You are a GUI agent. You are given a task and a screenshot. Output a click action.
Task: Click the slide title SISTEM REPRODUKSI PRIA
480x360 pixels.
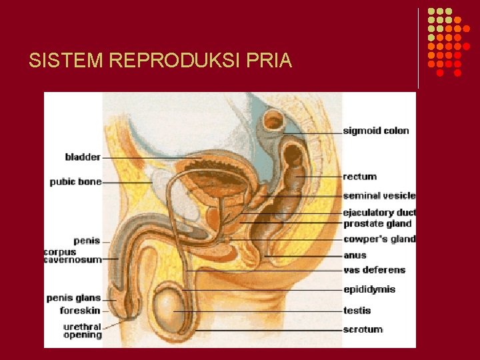coord(160,61)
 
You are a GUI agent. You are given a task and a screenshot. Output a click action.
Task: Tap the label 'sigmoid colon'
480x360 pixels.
coord(376,131)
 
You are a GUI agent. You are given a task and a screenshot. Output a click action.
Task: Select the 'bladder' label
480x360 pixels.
coord(83,157)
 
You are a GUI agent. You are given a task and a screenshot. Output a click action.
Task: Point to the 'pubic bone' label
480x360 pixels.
coord(75,181)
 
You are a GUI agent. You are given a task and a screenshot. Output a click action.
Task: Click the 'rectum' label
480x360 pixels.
coord(360,177)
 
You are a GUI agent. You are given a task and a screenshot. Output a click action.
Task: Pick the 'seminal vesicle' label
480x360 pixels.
coord(379,196)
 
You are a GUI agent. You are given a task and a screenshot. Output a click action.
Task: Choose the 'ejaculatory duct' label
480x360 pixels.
coord(379,213)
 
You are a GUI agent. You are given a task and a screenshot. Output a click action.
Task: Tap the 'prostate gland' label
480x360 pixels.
coord(377,223)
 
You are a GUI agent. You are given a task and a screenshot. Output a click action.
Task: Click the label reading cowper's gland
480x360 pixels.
coord(379,239)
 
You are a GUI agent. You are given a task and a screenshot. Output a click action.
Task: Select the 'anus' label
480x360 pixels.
coord(355,255)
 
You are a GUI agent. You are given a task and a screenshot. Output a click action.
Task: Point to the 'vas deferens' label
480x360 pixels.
coord(374,270)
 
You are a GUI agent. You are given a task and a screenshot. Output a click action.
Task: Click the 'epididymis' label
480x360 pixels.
coord(369,289)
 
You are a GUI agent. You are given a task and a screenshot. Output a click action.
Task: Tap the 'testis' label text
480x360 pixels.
coord(357,310)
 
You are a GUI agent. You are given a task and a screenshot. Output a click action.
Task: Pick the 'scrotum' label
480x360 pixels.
coord(363,329)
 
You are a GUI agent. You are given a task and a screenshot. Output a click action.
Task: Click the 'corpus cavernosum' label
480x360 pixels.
coord(73,256)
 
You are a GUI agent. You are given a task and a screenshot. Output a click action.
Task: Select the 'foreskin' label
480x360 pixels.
coord(80,311)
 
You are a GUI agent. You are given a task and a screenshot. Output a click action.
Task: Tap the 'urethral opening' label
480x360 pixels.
coord(82,331)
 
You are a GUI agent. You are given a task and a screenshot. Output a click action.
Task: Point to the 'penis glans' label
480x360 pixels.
coord(73,298)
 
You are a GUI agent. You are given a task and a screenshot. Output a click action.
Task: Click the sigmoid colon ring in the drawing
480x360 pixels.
coord(274,121)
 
